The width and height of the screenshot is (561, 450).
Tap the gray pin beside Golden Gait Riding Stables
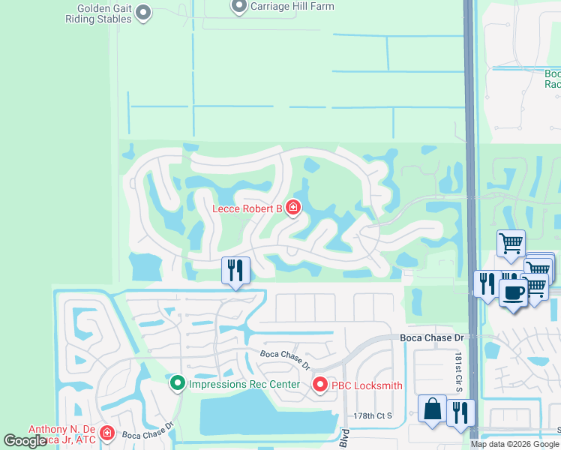pos(144,13)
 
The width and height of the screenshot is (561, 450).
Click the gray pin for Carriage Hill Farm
pos(239,7)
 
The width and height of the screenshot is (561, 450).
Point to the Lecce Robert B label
pos(247,208)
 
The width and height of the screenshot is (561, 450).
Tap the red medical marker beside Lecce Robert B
pos(292,208)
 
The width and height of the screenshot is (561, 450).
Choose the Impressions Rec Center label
pos(244,385)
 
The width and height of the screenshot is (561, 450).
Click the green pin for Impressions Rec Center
pos(178,384)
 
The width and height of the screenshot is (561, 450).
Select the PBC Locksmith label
pos(367,385)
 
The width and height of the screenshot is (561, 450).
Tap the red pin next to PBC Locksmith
pos(320,385)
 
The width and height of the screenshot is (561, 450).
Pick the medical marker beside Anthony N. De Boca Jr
pos(107,434)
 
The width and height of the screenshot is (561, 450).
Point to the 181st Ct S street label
pos(458,370)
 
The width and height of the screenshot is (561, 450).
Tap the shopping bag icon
pos(433,409)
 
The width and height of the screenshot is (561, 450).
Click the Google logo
pos(25,441)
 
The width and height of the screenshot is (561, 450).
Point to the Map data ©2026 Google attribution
pos(514,444)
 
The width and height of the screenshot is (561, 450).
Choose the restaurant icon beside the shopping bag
pos(460,411)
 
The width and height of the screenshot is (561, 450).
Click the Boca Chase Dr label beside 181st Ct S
pos(432,338)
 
